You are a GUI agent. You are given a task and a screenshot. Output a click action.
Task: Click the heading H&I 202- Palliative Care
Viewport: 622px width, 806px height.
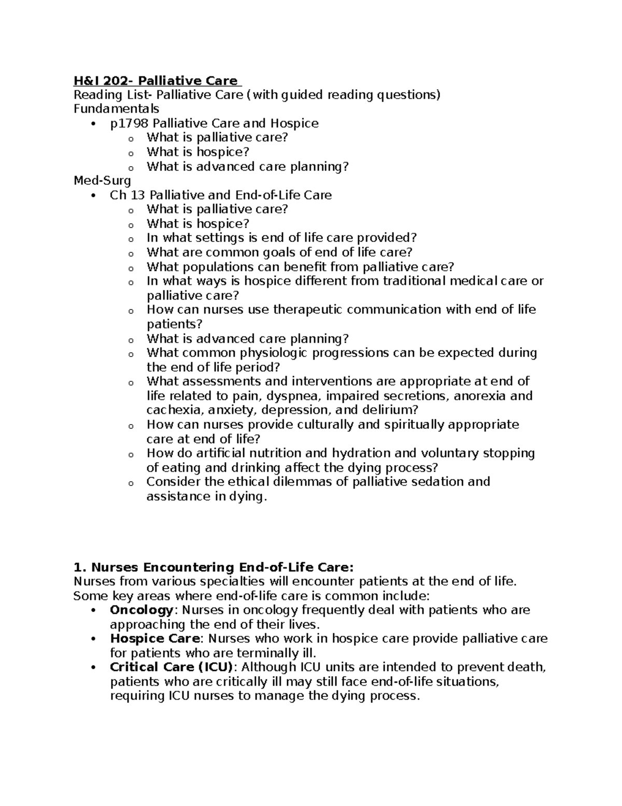155,80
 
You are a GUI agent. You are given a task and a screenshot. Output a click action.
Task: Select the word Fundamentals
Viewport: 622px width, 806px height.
116,109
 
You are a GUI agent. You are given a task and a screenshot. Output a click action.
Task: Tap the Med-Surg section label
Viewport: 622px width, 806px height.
102,181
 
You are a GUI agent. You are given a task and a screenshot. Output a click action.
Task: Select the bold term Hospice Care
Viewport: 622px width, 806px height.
154,638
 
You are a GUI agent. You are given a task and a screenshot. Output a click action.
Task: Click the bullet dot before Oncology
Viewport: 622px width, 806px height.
93,610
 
